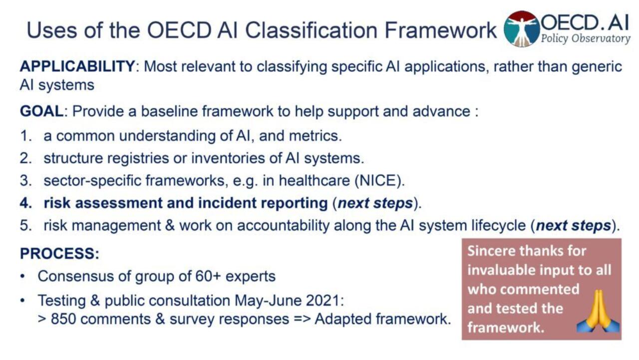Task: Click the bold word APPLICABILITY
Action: click(x=77, y=66)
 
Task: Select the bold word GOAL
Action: click(x=41, y=111)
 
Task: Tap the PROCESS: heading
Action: click(x=59, y=254)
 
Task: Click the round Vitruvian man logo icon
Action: click(x=522, y=29)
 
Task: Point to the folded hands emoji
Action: click(x=598, y=312)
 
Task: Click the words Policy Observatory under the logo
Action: click(x=586, y=39)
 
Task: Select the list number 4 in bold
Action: click(x=25, y=203)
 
